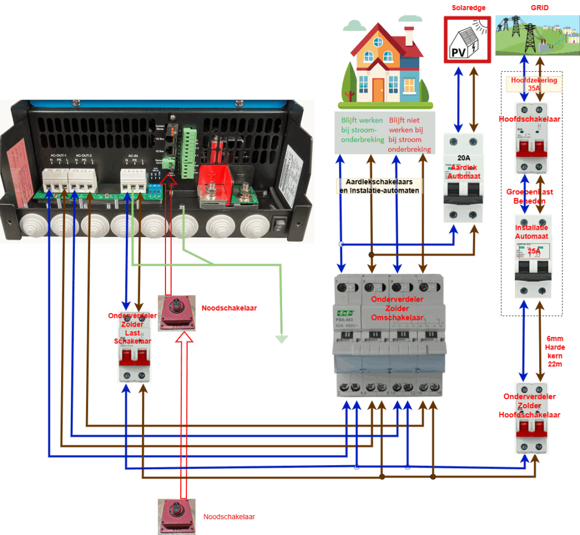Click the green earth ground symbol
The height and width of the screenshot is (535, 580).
pos(282,339)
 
